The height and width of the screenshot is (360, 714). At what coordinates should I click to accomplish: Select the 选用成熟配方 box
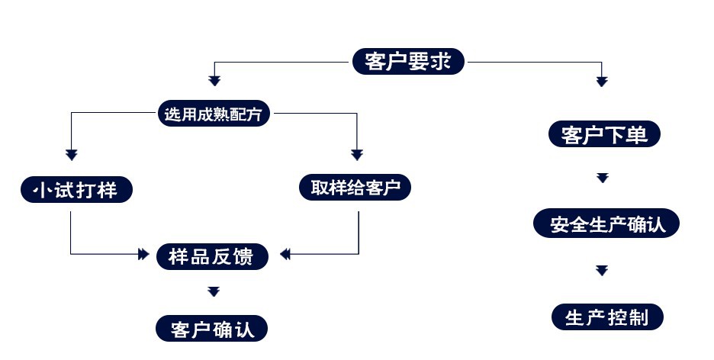click(214, 115)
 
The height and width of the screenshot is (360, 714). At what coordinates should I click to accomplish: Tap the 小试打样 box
click(76, 189)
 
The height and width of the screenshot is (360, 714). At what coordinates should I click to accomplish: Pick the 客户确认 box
click(213, 329)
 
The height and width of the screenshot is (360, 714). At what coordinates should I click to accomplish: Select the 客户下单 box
click(604, 135)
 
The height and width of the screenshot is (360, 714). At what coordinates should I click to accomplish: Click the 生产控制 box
click(607, 317)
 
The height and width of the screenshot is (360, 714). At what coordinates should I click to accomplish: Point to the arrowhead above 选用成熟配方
click(214, 81)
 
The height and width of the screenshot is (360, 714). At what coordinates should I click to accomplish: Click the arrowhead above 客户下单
click(602, 81)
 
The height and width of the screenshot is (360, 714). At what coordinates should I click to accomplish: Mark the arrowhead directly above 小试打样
click(71, 155)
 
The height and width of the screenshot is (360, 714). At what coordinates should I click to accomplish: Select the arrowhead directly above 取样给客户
click(357, 155)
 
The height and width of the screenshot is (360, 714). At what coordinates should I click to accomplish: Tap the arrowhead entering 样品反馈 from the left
click(143, 254)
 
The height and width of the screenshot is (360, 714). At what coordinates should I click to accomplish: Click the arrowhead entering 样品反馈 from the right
click(285, 254)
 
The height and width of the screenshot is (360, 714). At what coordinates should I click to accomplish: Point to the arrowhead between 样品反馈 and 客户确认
click(214, 291)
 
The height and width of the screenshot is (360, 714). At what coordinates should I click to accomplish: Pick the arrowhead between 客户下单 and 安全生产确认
click(603, 178)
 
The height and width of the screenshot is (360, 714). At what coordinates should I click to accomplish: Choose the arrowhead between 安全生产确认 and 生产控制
click(603, 270)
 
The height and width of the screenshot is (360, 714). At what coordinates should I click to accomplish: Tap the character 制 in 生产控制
click(639, 317)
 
